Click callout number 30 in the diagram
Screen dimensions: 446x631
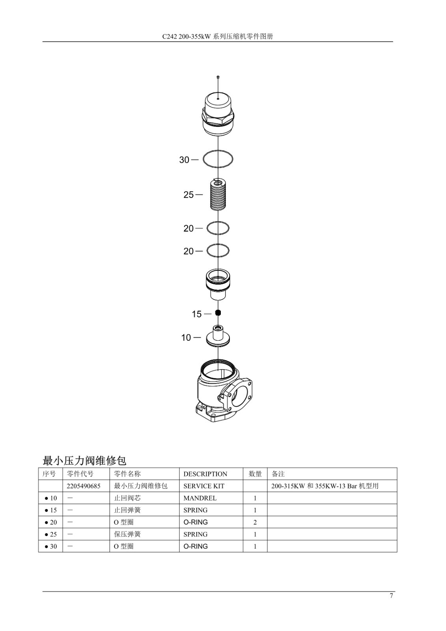tap(184, 160)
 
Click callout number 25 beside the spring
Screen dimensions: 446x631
tap(188, 195)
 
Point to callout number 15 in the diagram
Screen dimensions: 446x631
tap(197, 314)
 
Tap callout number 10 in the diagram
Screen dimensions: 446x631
tap(186, 337)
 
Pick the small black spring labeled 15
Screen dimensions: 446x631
tap(218, 312)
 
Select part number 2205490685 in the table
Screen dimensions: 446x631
tap(83, 486)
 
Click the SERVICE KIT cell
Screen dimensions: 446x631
tap(204, 486)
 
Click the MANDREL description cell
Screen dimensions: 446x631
tap(200, 498)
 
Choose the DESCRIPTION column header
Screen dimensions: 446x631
tap(205, 474)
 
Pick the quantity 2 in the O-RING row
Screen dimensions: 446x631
tap(255, 522)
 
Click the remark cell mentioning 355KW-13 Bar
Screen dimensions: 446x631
tap(325, 486)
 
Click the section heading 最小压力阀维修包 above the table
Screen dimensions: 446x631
tap(84, 461)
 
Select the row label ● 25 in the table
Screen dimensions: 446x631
tap(51, 534)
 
